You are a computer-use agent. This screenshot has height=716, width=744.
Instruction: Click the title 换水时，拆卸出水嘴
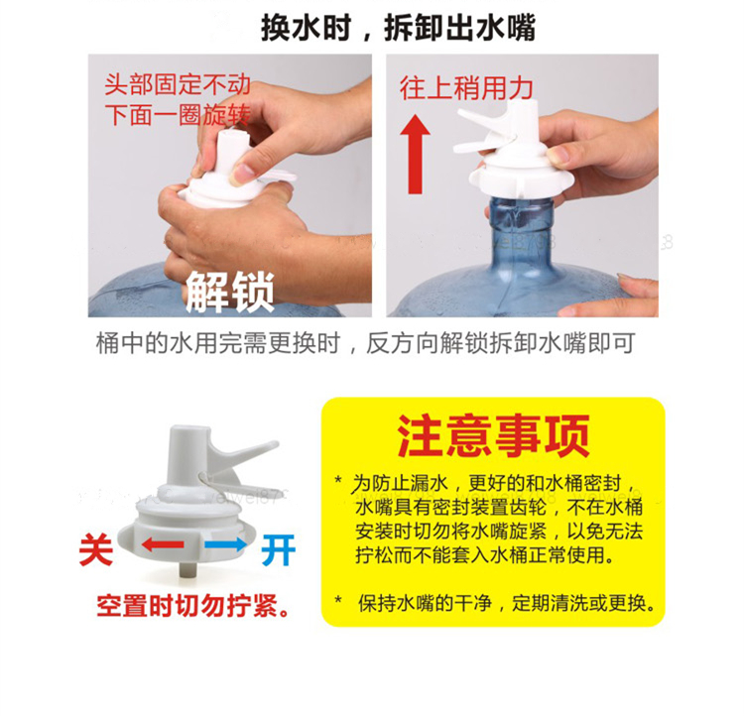pos(398,28)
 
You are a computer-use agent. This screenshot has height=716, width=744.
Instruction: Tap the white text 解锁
pos(230,293)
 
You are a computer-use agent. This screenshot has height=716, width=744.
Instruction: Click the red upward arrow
pos(416,155)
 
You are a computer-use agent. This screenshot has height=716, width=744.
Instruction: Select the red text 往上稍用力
pos(466,88)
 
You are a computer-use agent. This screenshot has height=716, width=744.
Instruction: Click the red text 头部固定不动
pos(178,84)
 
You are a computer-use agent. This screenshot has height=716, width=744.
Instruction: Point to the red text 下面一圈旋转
pos(178,115)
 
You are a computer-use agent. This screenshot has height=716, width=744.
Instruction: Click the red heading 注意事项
pos(493,435)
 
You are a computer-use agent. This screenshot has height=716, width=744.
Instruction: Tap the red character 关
pos(96,550)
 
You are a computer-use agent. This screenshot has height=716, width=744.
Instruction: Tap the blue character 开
pos(279,550)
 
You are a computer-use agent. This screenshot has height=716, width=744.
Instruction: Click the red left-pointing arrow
pos(163,544)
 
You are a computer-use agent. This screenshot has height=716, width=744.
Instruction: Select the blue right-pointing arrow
pos(226,544)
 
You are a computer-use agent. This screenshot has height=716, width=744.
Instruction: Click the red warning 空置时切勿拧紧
pos(193,606)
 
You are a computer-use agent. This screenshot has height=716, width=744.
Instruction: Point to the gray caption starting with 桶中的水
pos(365,342)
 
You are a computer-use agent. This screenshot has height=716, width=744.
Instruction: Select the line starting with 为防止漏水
pos(486,484)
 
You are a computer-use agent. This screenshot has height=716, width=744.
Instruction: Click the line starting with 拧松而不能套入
pos(485,554)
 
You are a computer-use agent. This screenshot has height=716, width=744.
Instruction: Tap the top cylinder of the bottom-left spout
pos(189,451)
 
